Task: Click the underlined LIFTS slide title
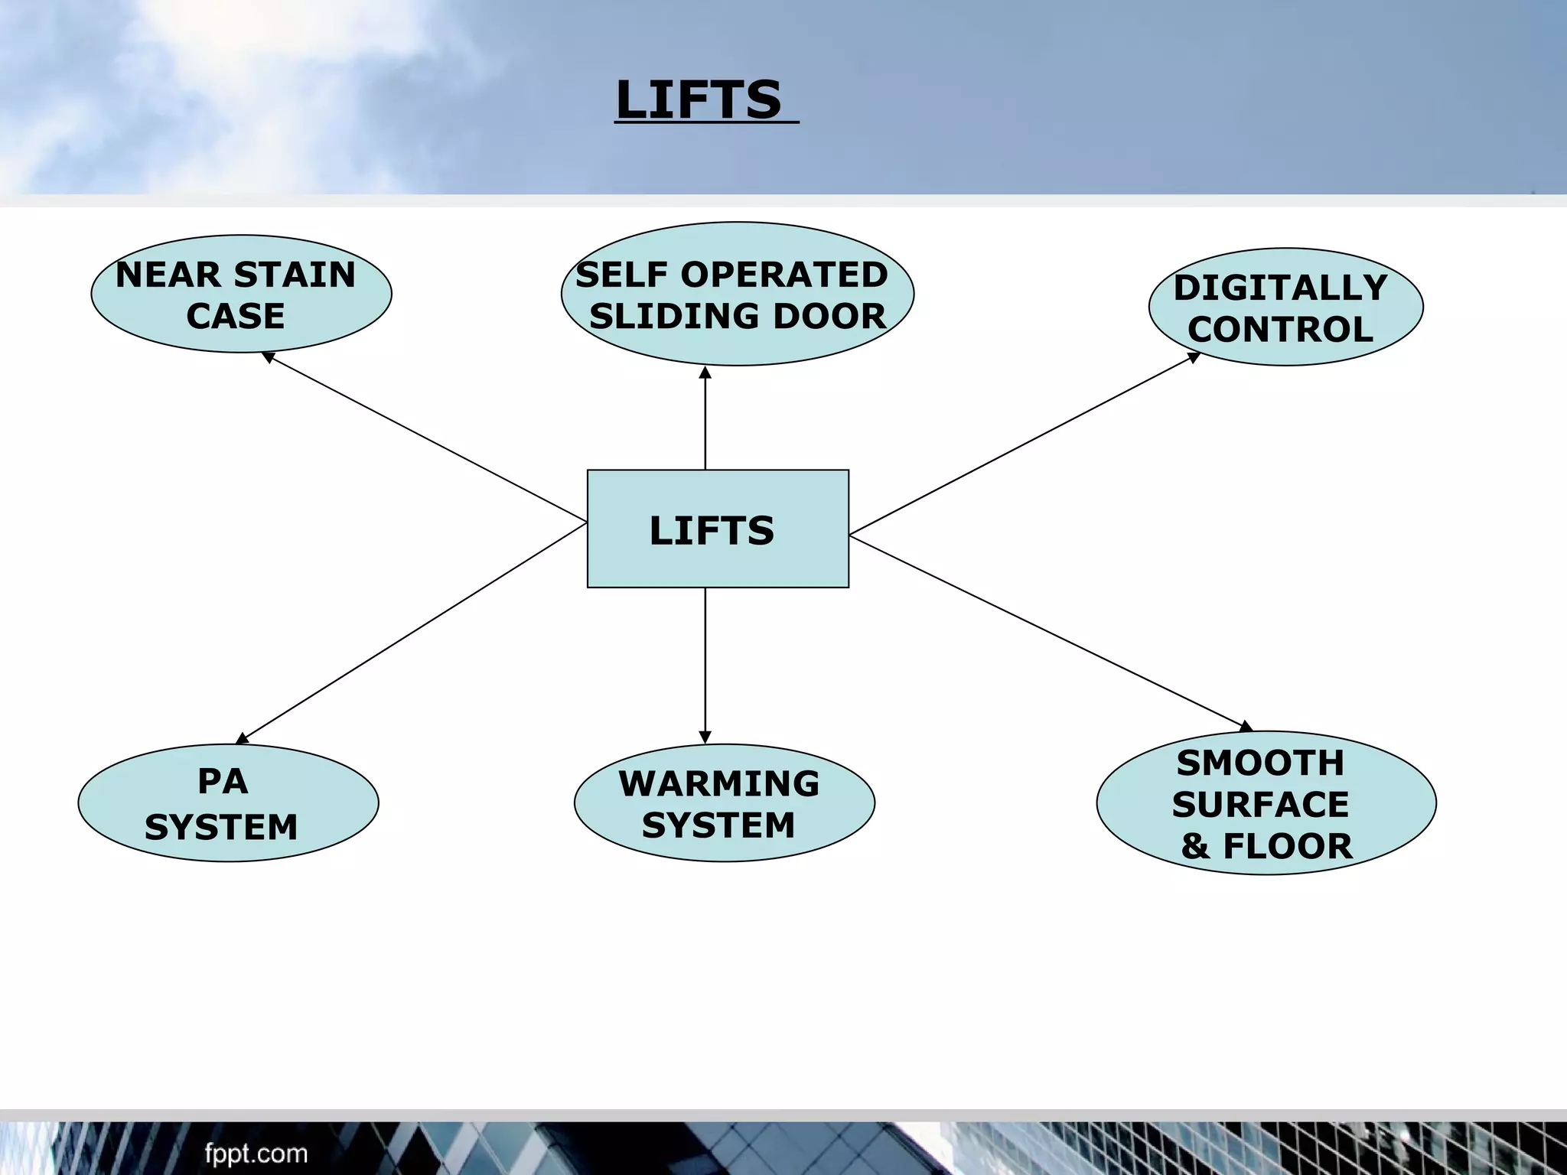point(699,100)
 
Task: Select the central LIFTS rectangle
point(717,529)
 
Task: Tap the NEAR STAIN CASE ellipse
point(241,294)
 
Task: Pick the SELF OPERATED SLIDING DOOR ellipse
point(737,294)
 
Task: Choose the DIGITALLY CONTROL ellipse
point(1285,307)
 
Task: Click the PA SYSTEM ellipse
point(228,802)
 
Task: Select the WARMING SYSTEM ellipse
point(724,802)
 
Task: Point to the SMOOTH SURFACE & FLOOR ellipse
point(1266,802)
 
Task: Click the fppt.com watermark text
point(256,1153)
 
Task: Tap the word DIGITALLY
point(1280,288)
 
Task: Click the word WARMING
point(718,783)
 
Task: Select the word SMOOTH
point(1260,763)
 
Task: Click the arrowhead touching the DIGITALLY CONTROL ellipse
point(1194,356)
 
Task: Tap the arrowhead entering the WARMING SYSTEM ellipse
point(705,737)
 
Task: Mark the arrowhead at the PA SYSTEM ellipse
point(242,738)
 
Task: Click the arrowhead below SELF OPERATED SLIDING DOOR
point(705,373)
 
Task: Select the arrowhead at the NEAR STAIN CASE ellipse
point(268,356)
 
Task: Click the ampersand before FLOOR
point(1195,846)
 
